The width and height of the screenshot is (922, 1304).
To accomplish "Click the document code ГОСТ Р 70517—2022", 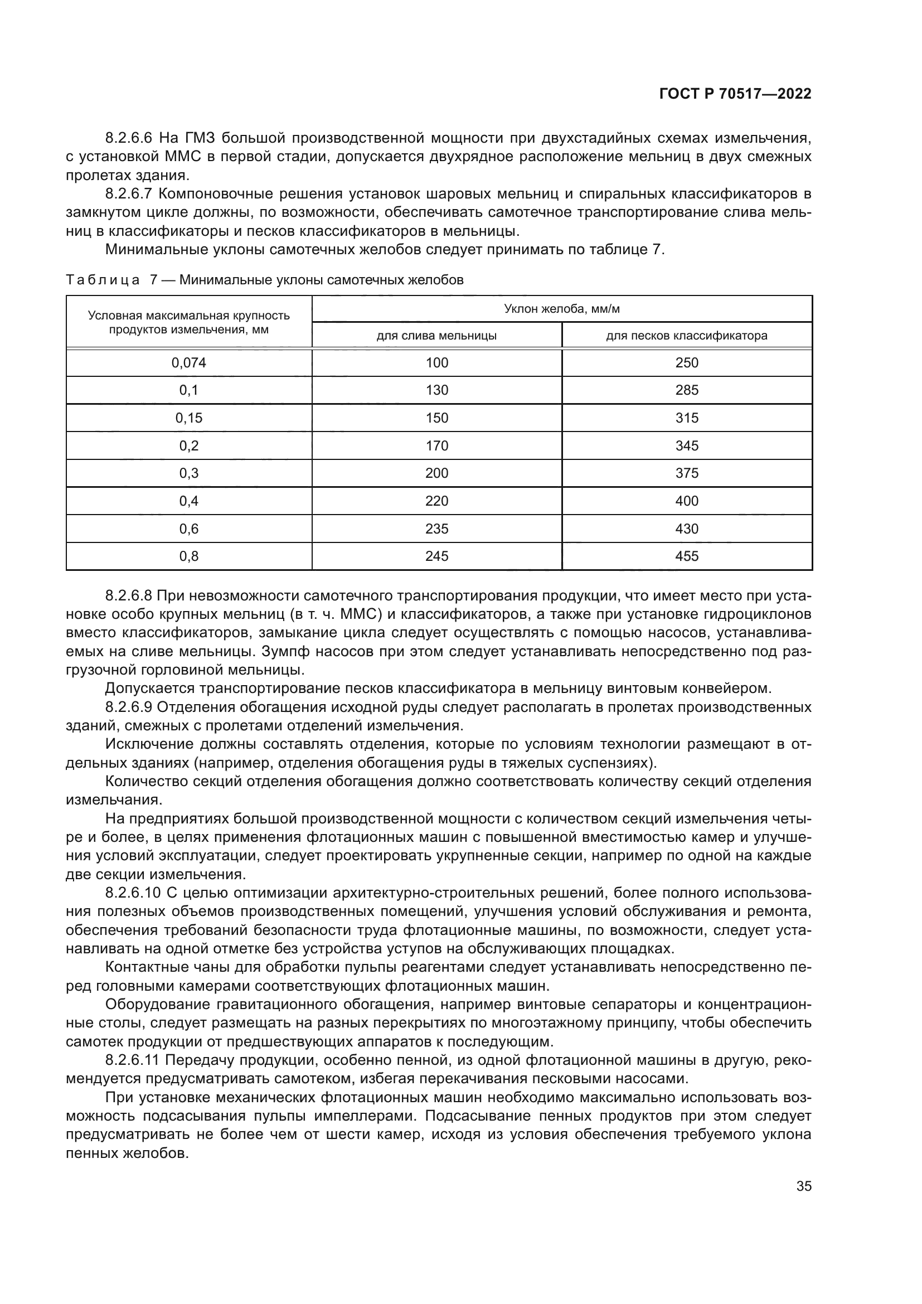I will (x=735, y=94).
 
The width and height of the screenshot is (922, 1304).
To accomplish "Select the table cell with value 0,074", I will (x=188, y=363).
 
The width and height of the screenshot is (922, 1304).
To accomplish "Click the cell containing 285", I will (x=686, y=390).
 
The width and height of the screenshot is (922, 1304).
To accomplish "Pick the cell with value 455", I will (x=686, y=556).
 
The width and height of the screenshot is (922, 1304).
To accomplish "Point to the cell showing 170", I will (x=436, y=446).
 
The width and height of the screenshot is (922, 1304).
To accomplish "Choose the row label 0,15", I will (x=188, y=418).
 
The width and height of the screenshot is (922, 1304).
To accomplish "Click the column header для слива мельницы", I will (x=436, y=336).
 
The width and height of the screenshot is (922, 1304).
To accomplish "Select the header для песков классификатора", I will (x=686, y=336).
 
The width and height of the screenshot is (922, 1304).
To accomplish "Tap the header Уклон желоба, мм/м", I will (x=561, y=309).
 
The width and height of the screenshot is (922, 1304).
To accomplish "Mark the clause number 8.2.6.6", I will (x=129, y=138).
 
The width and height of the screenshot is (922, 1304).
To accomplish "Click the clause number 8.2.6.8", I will (x=129, y=596).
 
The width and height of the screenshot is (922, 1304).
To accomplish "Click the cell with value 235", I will (x=436, y=529).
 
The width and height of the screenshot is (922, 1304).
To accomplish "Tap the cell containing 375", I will (x=686, y=473).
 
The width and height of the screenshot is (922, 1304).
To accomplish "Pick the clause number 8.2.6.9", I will (x=129, y=707).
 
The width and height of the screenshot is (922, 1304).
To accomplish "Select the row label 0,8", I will (x=188, y=556).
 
